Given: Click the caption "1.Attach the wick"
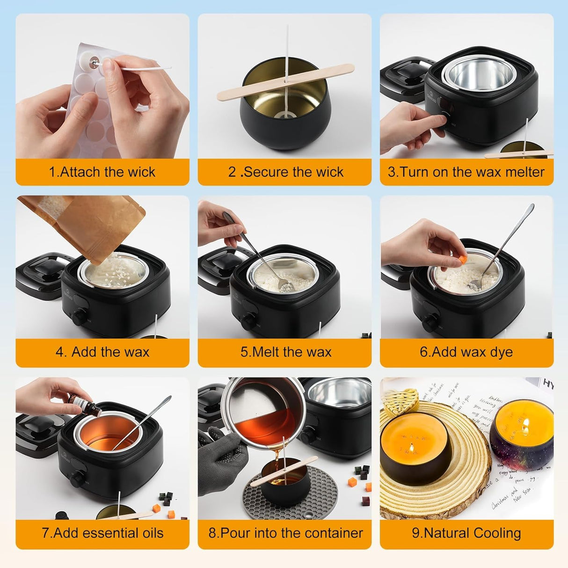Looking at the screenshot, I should (x=102, y=172).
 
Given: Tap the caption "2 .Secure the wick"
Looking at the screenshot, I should (x=285, y=172).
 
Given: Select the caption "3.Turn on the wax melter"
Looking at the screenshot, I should (x=466, y=172).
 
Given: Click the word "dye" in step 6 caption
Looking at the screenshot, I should (x=502, y=352).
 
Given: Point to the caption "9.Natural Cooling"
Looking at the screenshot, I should (x=466, y=533).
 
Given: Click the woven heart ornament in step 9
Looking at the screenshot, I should (x=401, y=399).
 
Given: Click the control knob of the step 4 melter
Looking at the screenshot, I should (x=78, y=318).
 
